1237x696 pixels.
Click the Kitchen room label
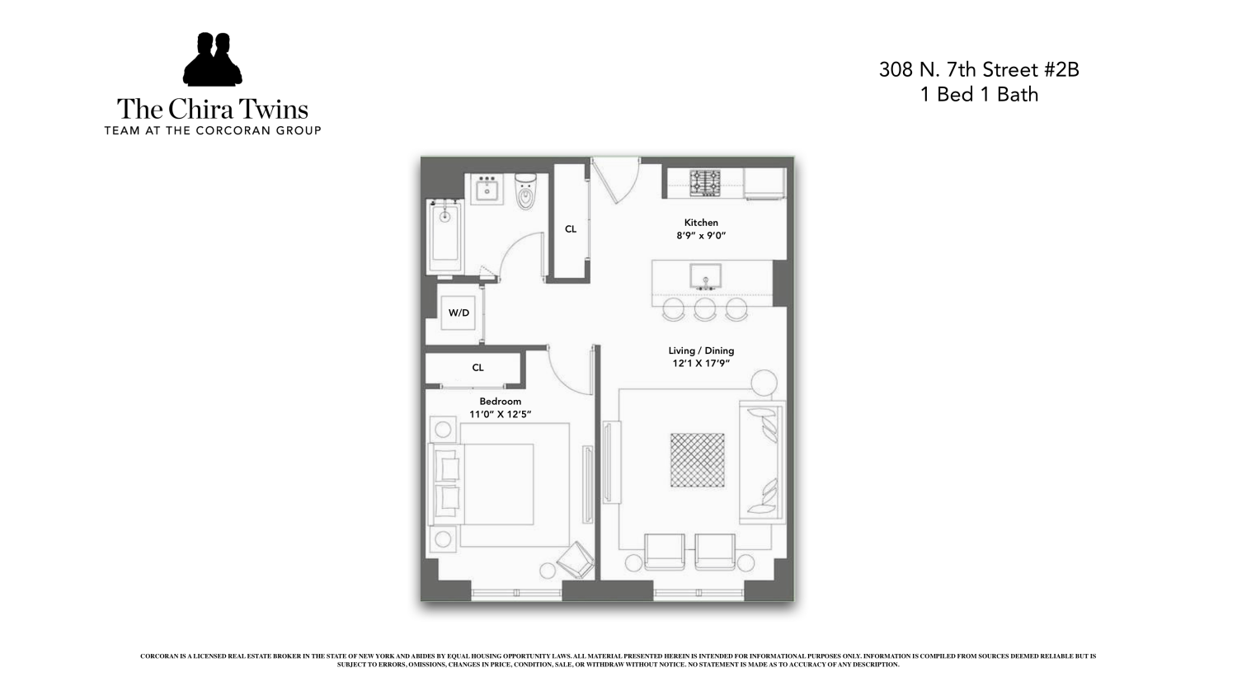[701, 223]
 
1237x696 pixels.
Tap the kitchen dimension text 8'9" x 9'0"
[701, 236]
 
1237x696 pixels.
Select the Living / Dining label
[701, 350]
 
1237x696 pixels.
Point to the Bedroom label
[501, 402]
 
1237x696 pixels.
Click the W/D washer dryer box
[459, 313]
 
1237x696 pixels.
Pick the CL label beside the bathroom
[571, 229]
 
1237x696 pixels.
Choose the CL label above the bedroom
[477, 368]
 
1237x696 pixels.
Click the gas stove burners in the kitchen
[705, 183]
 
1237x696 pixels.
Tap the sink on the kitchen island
[705, 276]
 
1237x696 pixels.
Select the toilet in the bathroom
[525, 192]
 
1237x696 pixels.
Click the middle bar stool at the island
[704, 309]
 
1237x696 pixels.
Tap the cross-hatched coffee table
[697, 461]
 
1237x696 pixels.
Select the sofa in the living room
[762, 462]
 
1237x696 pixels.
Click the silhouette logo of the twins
[212, 60]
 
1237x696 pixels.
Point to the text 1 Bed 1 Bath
[979, 95]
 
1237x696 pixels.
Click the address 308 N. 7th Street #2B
[979, 70]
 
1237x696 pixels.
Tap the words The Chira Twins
[212, 109]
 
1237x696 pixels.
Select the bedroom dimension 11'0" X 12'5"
[501, 415]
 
